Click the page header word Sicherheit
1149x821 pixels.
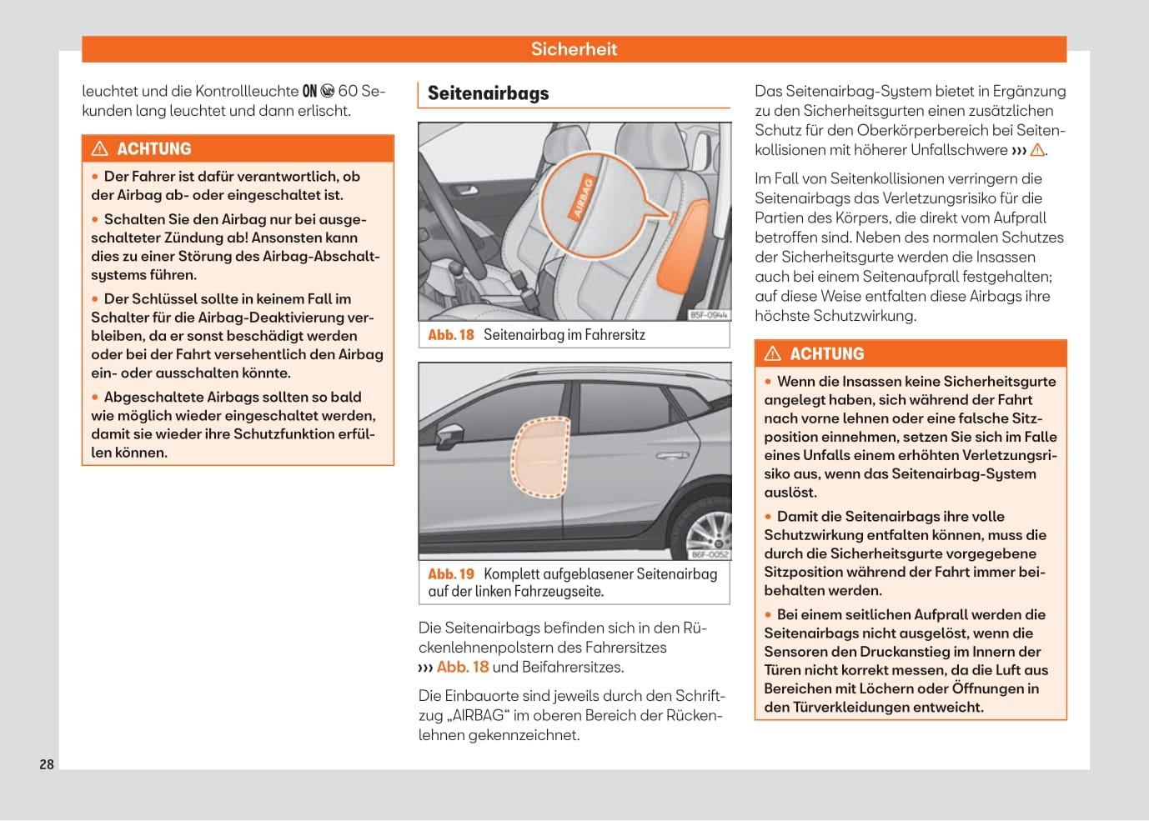click(x=574, y=49)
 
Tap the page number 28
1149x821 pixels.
click(x=47, y=764)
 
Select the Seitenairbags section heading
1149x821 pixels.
click(x=489, y=93)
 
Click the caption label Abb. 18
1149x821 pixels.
click(x=450, y=335)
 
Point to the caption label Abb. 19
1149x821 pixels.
click(x=450, y=574)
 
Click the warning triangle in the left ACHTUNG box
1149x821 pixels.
click(x=100, y=149)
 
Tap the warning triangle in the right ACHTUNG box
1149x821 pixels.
click(x=773, y=354)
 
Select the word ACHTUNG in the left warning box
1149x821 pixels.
click(x=154, y=149)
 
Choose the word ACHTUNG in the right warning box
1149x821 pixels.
click(x=827, y=354)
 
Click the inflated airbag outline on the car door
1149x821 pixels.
click(x=540, y=458)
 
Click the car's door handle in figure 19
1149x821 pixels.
click(x=672, y=456)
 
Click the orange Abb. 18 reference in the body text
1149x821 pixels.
click(x=463, y=667)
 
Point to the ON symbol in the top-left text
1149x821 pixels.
click(x=309, y=91)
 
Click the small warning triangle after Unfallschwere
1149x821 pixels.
click(x=1037, y=150)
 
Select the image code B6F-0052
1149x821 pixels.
click(x=710, y=554)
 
